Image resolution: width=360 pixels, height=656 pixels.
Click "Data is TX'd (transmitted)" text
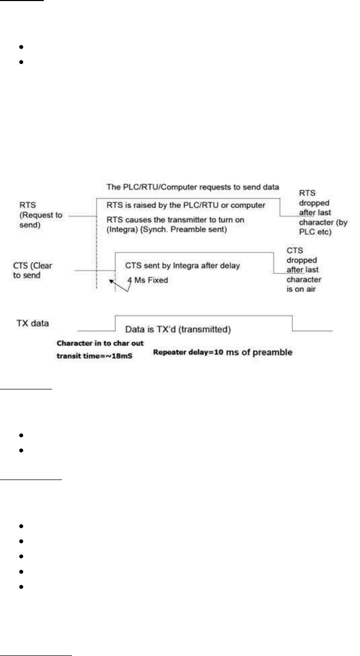(179, 329)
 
